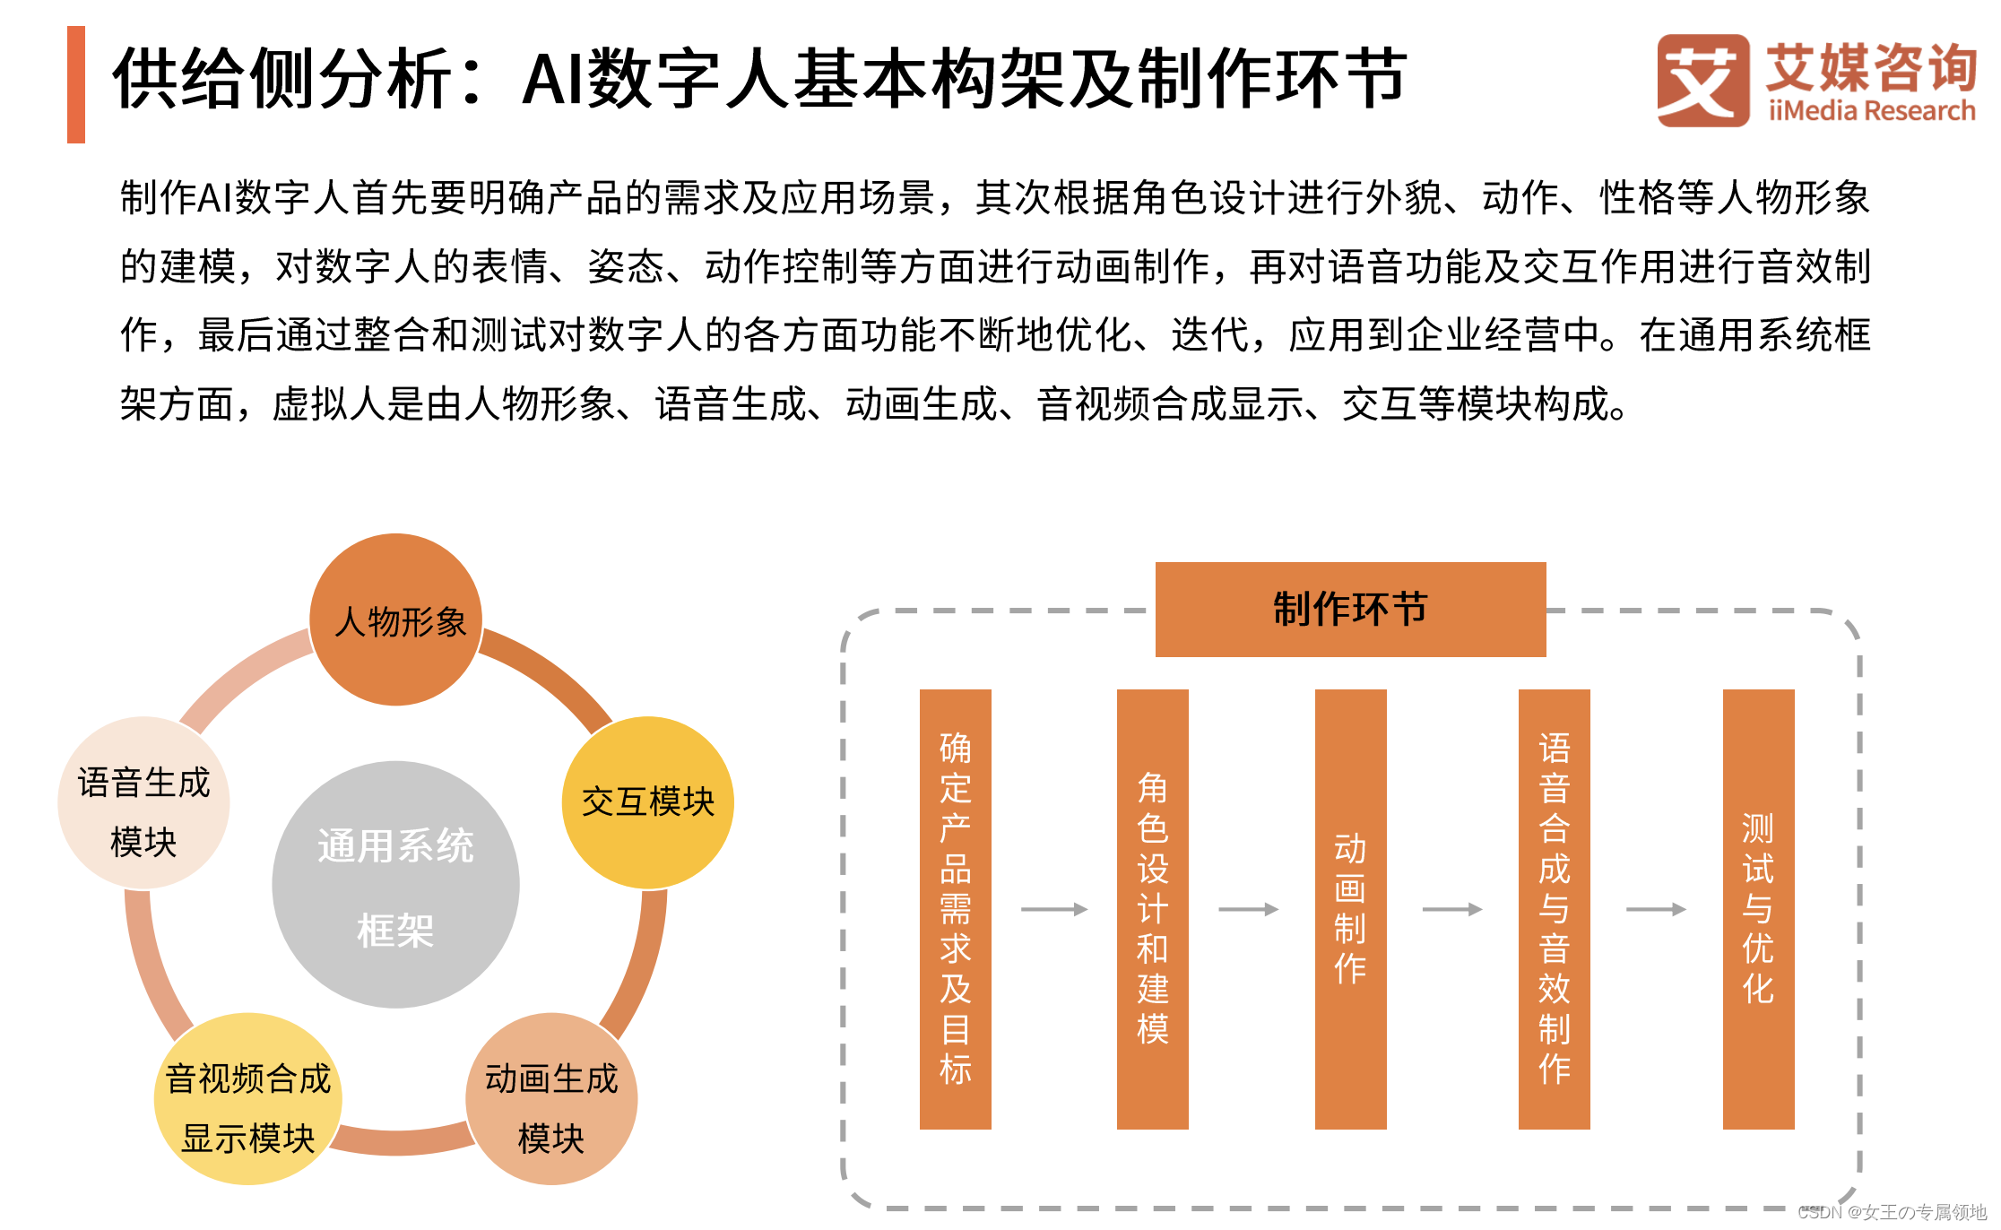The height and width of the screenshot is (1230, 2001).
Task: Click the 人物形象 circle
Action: click(396, 619)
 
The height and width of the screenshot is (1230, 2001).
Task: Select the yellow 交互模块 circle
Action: click(647, 802)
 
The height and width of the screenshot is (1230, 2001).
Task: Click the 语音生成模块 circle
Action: click(143, 802)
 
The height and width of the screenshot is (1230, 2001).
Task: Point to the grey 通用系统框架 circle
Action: click(395, 885)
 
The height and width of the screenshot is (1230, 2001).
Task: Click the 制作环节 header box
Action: click(1350, 610)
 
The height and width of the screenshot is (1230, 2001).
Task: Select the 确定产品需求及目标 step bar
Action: click(955, 908)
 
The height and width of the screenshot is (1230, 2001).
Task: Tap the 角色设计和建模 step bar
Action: click(1152, 908)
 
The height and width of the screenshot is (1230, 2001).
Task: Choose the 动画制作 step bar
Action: click(1350, 908)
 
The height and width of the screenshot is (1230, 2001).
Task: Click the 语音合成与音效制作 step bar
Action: click(1554, 908)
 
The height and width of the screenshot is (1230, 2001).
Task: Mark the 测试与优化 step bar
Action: click(1758, 908)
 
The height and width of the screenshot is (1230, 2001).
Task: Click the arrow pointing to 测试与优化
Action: click(1656, 909)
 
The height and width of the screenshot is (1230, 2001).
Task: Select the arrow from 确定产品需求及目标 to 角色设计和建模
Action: click(1053, 909)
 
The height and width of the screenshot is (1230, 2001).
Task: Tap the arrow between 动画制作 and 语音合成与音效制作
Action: click(1452, 909)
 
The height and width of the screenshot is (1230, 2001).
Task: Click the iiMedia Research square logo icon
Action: click(1702, 81)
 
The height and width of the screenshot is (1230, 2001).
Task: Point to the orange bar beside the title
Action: click(76, 84)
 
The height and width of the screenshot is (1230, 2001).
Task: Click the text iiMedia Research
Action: click(1872, 111)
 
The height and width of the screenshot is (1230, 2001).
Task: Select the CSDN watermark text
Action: click(1892, 1212)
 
